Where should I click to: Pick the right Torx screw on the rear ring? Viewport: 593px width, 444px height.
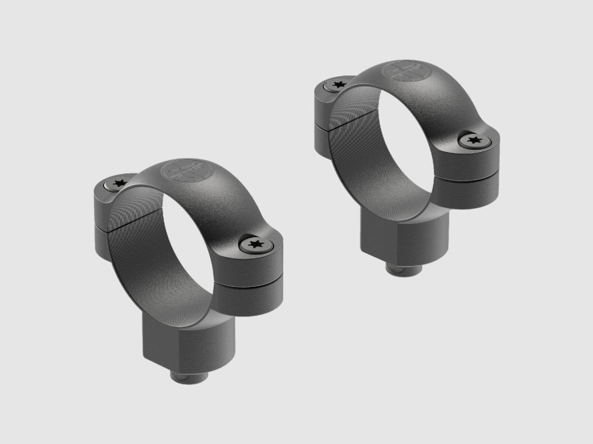pyautogui.click(x=473, y=139)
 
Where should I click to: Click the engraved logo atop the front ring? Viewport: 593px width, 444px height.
pyautogui.click(x=184, y=171)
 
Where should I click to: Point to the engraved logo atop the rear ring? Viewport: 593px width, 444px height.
pyautogui.click(x=405, y=73)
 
